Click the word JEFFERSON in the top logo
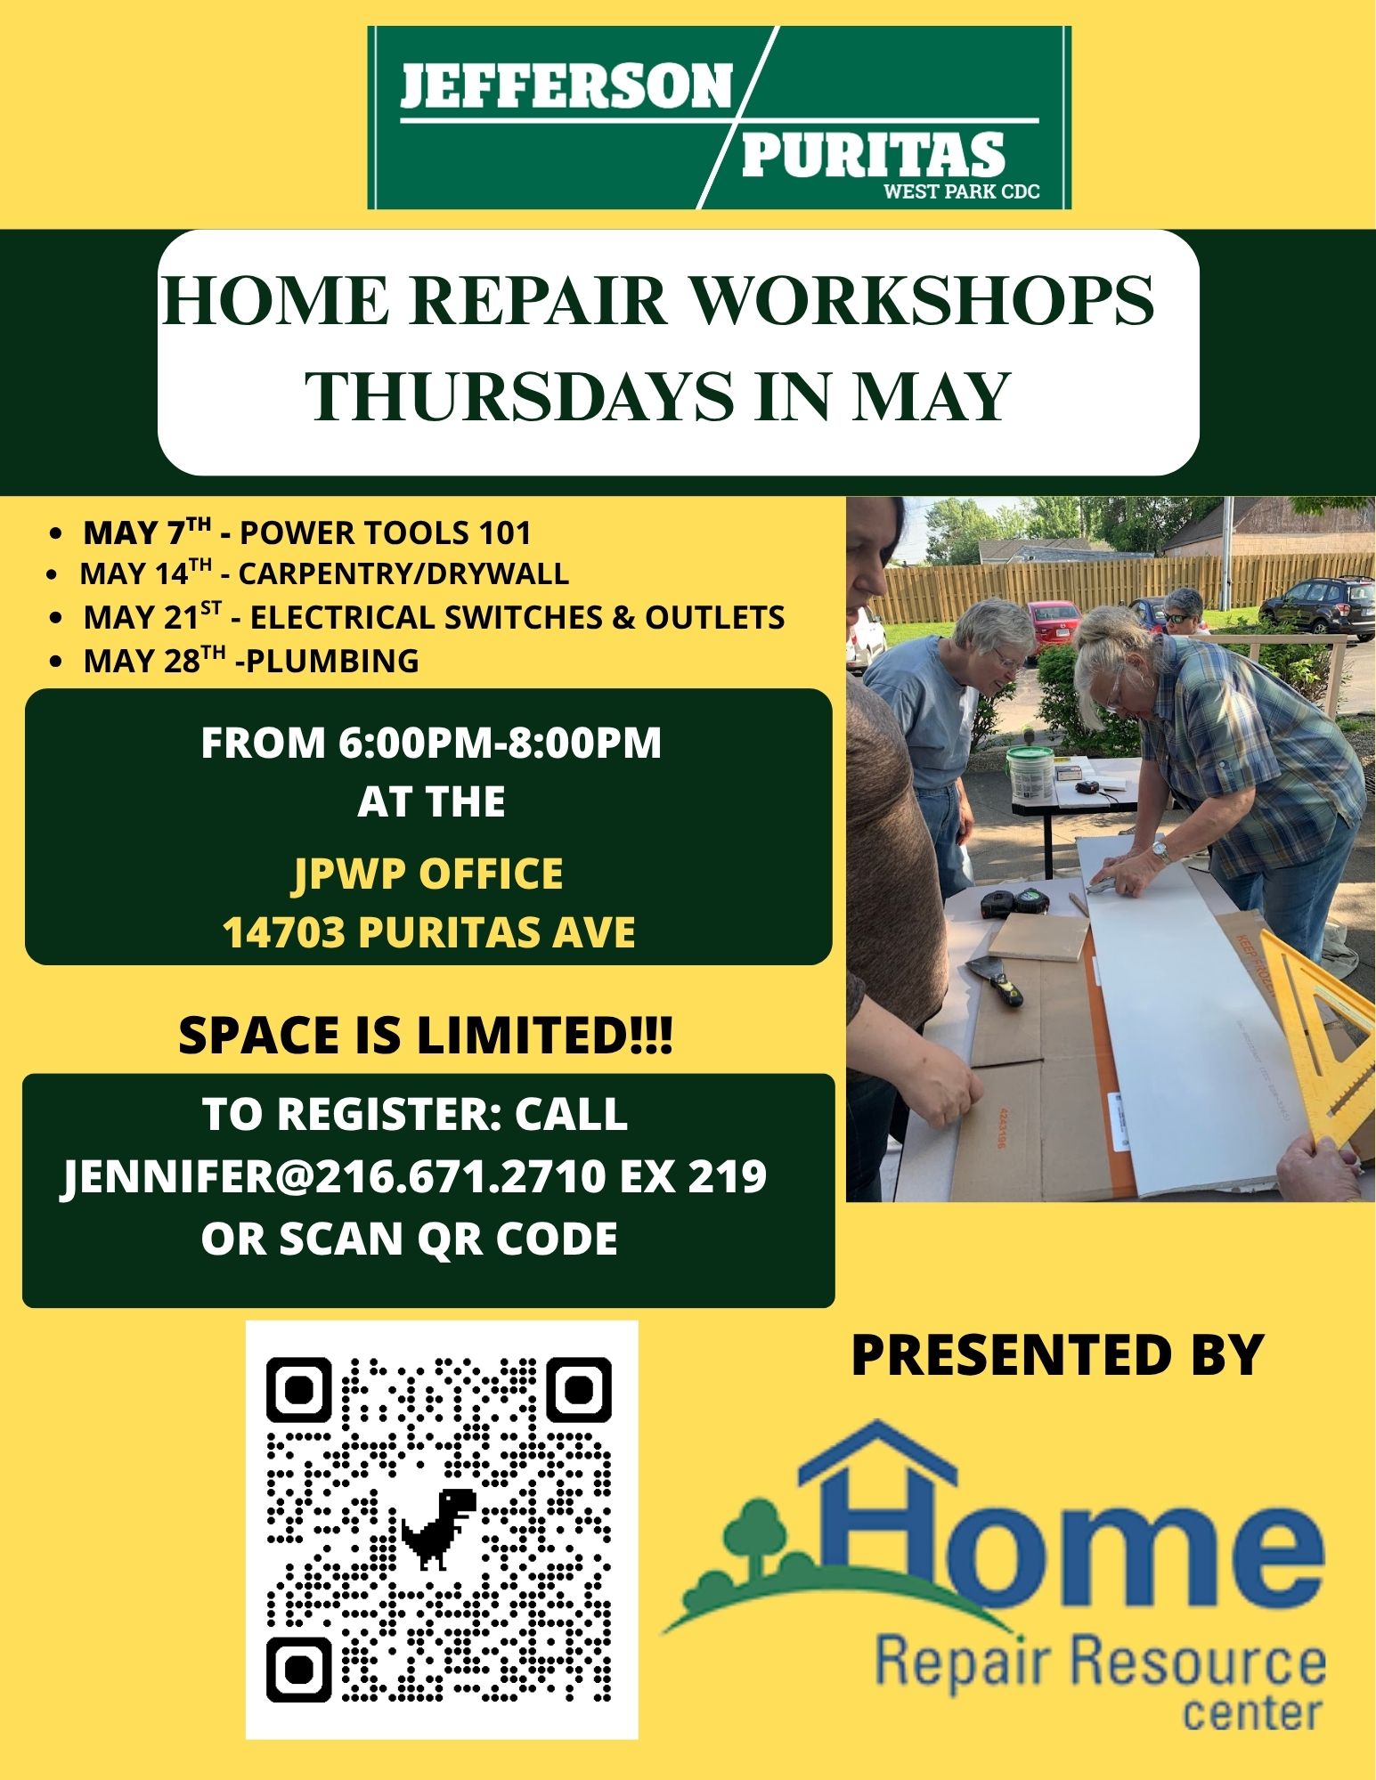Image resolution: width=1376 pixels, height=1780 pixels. pyautogui.click(x=566, y=86)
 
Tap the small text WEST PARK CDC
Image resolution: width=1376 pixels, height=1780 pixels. pyautogui.click(x=961, y=191)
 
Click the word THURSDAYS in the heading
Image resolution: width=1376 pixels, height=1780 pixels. pyautogui.click(x=519, y=396)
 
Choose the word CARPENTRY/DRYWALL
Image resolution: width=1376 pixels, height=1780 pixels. pyautogui.click(x=403, y=573)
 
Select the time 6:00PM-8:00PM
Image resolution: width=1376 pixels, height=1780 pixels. pyautogui.click(x=500, y=743)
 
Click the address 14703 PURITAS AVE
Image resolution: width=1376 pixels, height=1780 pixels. pyautogui.click(x=428, y=932)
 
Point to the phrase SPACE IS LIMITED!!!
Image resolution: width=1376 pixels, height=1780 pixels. pyautogui.click(x=426, y=1035)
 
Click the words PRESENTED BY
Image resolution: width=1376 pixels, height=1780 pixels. pyautogui.click(x=1058, y=1355)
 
